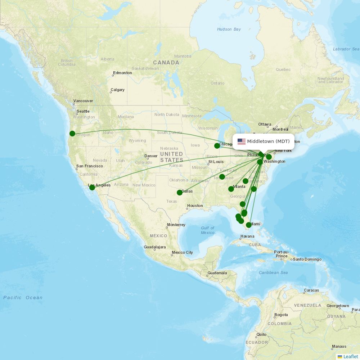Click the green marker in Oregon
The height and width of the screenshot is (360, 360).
(72, 134)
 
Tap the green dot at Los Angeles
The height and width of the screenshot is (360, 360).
(92, 187)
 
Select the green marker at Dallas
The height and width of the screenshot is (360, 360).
(180, 193)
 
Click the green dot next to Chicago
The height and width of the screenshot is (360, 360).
(217, 146)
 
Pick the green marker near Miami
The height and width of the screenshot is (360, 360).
(249, 225)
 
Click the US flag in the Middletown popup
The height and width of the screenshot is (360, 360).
(241, 141)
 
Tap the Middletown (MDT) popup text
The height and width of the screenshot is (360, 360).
(268, 141)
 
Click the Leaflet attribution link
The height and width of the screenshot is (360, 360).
(350, 356)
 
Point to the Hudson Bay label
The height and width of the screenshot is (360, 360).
(229, 29)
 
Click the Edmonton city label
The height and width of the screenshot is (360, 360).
(122, 73)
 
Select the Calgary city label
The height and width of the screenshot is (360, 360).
(118, 90)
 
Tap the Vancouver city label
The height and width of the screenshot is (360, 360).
(83, 101)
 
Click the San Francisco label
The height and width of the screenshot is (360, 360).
(90, 166)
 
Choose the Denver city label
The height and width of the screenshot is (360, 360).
(151, 156)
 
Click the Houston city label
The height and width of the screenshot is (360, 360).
(195, 206)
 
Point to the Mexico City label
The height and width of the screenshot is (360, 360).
(182, 253)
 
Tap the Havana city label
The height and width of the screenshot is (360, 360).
(247, 237)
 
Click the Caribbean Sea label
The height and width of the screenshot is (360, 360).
(273, 273)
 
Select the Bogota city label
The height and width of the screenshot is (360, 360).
(281, 315)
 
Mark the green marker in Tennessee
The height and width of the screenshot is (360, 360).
(222, 177)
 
